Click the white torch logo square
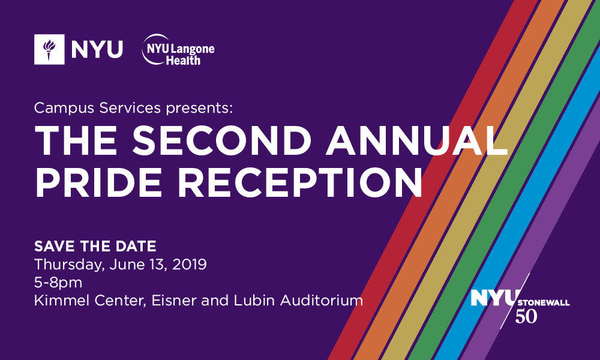tap(49, 49)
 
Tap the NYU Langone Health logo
tap(178, 50)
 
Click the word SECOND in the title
tap(221, 140)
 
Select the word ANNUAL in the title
tap(417, 140)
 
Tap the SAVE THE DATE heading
tap(95, 246)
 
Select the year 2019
tap(190, 265)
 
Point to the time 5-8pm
tap(58, 283)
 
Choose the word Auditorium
tap(322, 301)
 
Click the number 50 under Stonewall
tap(526, 316)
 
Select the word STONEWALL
tap(544, 303)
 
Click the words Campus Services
tap(97, 108)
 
